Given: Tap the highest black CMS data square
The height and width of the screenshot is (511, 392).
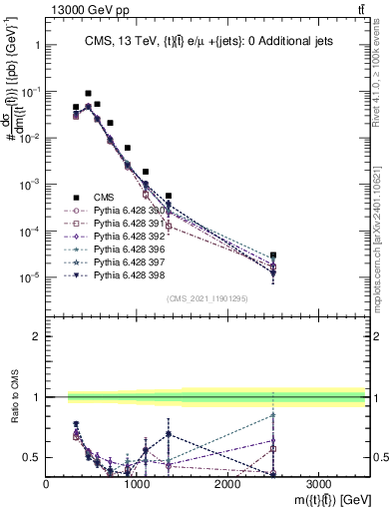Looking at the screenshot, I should (x=88, y=93).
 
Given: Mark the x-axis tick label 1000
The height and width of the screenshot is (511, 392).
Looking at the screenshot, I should (x=137, y=483).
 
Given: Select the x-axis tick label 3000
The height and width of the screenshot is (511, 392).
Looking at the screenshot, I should (x=318, y=483).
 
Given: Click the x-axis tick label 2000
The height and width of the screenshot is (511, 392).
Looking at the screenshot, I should (x=227, y=483).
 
